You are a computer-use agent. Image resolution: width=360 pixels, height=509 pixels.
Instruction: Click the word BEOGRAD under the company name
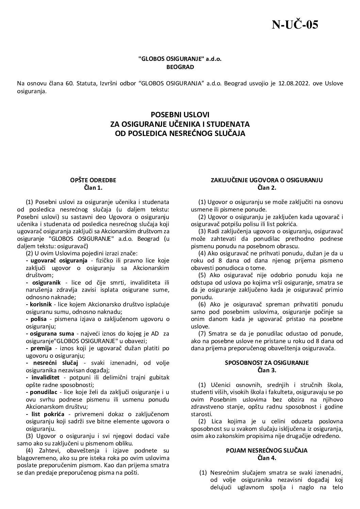(x=180, y=67)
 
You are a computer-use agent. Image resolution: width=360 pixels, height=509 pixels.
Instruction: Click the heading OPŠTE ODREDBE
(x=93, y=180)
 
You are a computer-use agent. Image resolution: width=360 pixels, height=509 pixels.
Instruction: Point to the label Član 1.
(x=93, y=187)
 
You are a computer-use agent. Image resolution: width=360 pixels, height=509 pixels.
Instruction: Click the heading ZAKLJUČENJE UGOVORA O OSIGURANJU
(x=266, y=180)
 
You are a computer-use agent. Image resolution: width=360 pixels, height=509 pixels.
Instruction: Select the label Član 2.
(x=266, y=187)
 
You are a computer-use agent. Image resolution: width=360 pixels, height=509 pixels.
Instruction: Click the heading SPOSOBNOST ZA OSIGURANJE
(x=266, y=362)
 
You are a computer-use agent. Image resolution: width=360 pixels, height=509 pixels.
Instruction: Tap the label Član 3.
(x=266, y=370)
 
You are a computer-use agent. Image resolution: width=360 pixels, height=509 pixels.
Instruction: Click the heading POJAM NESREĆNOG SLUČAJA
(x=266, y=450)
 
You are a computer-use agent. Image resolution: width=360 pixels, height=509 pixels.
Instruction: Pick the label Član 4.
(x=266, y=458)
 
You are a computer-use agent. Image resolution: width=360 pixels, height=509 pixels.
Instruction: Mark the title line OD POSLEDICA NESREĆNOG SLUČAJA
(x=180, y=134)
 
